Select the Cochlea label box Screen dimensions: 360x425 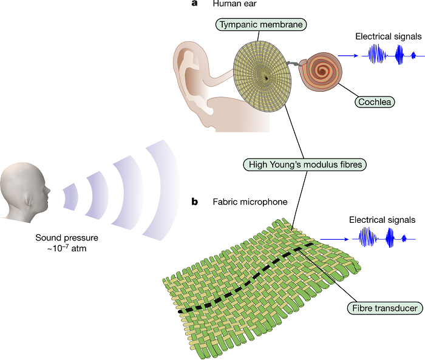coord(374,101)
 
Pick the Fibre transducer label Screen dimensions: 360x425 coord(386,308)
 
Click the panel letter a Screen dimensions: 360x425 coord(194,4)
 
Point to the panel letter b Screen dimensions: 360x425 coord(195,200)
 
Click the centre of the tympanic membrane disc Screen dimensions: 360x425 coord(265,76)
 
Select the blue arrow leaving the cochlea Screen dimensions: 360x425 coord(348,56)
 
